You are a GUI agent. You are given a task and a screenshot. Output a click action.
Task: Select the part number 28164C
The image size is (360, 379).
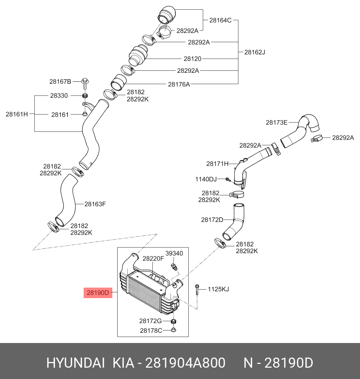220,20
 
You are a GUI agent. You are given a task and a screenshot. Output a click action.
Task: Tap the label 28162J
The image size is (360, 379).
255,52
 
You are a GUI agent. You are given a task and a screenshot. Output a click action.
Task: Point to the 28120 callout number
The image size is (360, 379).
192,59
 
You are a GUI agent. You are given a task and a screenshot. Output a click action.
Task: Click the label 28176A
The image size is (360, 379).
179,84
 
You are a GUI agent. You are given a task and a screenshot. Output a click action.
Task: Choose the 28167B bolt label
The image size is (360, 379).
60,82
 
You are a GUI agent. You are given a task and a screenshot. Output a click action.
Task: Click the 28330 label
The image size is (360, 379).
59,95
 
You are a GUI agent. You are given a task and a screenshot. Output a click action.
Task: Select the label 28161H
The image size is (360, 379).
17,114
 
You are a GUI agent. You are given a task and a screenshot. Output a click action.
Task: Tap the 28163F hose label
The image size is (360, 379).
95,204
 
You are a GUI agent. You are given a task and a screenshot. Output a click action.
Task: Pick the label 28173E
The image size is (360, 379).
276,122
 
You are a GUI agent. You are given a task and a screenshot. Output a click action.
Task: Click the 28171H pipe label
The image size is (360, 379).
217,164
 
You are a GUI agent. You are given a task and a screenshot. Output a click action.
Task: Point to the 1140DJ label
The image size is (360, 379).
206,179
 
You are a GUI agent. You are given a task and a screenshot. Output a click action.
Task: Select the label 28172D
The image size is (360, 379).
212,220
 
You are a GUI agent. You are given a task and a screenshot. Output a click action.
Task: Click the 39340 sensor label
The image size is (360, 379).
175,253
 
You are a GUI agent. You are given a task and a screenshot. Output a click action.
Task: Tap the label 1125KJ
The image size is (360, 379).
218,289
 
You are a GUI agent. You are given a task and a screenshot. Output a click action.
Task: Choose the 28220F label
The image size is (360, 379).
153,258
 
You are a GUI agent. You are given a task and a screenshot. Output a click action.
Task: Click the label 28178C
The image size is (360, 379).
151,330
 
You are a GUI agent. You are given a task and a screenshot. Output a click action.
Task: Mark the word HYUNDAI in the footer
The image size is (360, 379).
76,363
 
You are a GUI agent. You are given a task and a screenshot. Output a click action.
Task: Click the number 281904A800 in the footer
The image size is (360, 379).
185,363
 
